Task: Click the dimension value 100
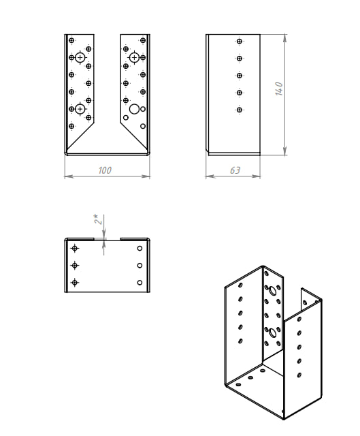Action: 105,170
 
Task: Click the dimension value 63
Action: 235,170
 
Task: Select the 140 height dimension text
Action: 279,89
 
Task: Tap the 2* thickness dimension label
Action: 98,219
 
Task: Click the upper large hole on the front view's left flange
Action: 80,57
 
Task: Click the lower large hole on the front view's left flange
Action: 80,109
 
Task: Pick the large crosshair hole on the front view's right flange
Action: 135,57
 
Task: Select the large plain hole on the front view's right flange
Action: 135,109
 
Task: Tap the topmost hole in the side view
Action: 239,41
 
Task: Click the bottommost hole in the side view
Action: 239,110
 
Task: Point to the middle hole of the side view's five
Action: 239,76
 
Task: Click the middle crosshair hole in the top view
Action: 74,266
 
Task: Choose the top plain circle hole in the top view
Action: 140,248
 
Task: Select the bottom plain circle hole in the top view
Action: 140,283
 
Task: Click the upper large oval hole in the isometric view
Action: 272,291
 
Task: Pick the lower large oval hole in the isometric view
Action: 272,332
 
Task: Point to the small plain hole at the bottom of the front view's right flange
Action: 143,126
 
